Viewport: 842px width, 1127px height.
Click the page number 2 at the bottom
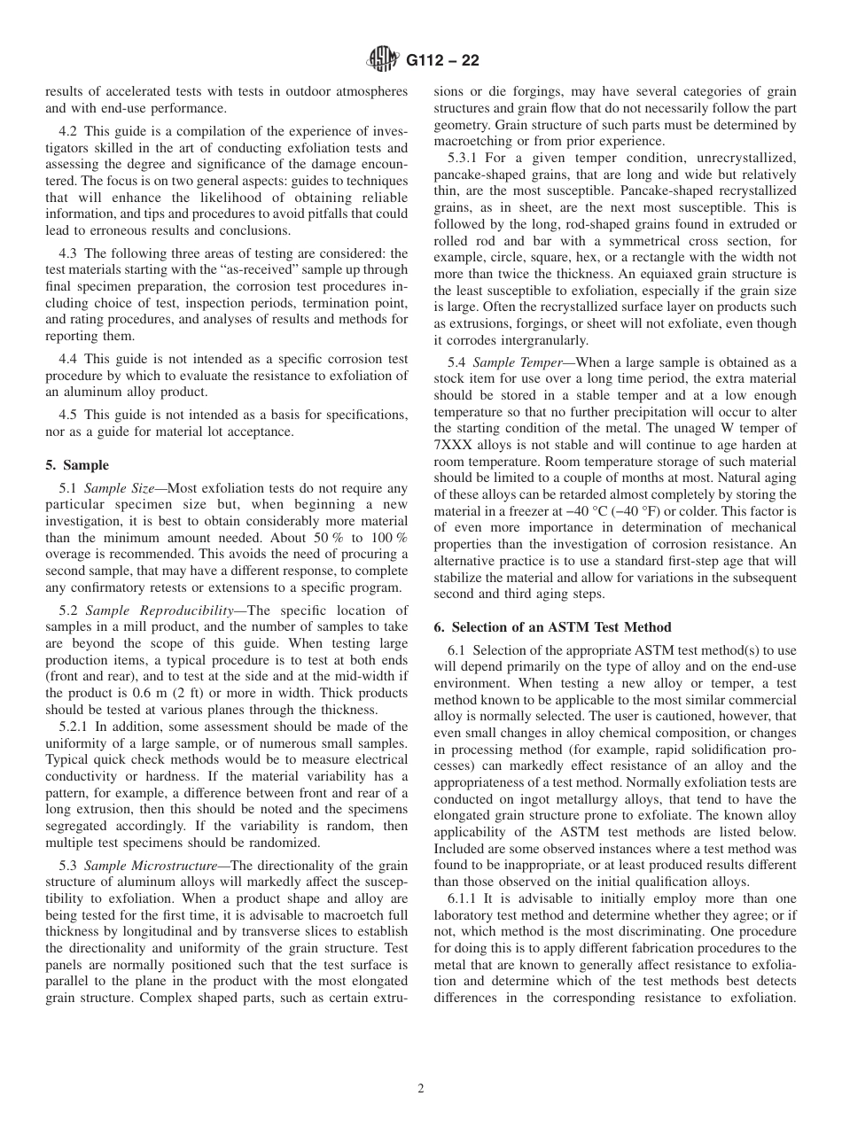pyautogui.click(x=421, y=1089)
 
